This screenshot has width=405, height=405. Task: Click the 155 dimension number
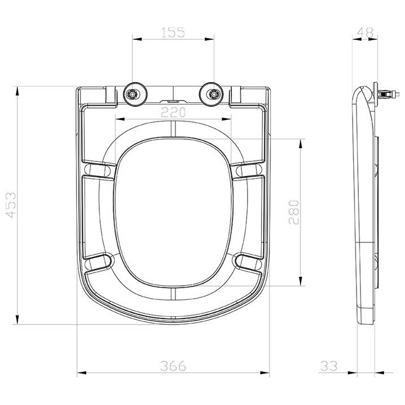point(173,33)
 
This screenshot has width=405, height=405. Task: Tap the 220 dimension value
point(173,112)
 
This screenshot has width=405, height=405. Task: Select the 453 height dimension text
point(11,205)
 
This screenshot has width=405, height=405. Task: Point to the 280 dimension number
point(294,212)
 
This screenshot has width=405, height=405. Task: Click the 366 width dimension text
point(173,366)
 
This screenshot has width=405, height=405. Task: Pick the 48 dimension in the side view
point(365,32)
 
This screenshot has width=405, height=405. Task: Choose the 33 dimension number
point(329,366)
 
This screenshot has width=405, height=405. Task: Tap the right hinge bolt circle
point(213,94)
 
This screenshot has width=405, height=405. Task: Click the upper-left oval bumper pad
point(97,170)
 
